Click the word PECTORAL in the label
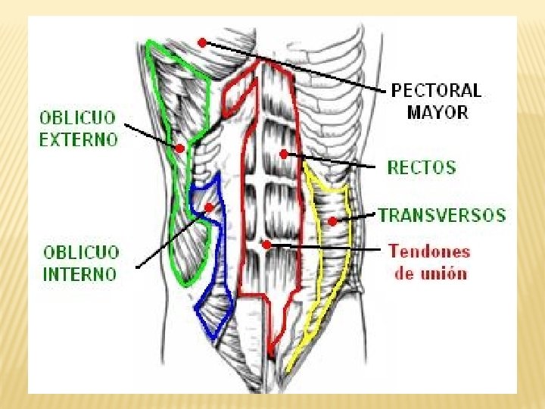click(x=436, y=91)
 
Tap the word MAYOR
click(x=438, y=113)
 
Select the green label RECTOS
click(x=422, y=167)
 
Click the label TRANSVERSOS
click(x=442, y=215)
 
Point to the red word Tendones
click(x=429, y=251)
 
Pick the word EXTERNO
click(x=79, y=139)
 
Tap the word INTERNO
click(x=80, y=273)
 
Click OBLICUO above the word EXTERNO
click(x=78, y=118)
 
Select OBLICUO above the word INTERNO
click(x=81, y=251)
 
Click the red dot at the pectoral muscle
click(x=201, y=42)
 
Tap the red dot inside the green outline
click(x=180, y=148)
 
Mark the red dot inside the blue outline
click(x=209, y=206)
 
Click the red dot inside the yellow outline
click(x=332, y=221)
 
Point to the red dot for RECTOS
click(x=283, y=154)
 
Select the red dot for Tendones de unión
click(x=266, y=245)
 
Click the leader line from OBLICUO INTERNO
click(x=171, y=238)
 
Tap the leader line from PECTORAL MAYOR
click(x=295, y=67)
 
